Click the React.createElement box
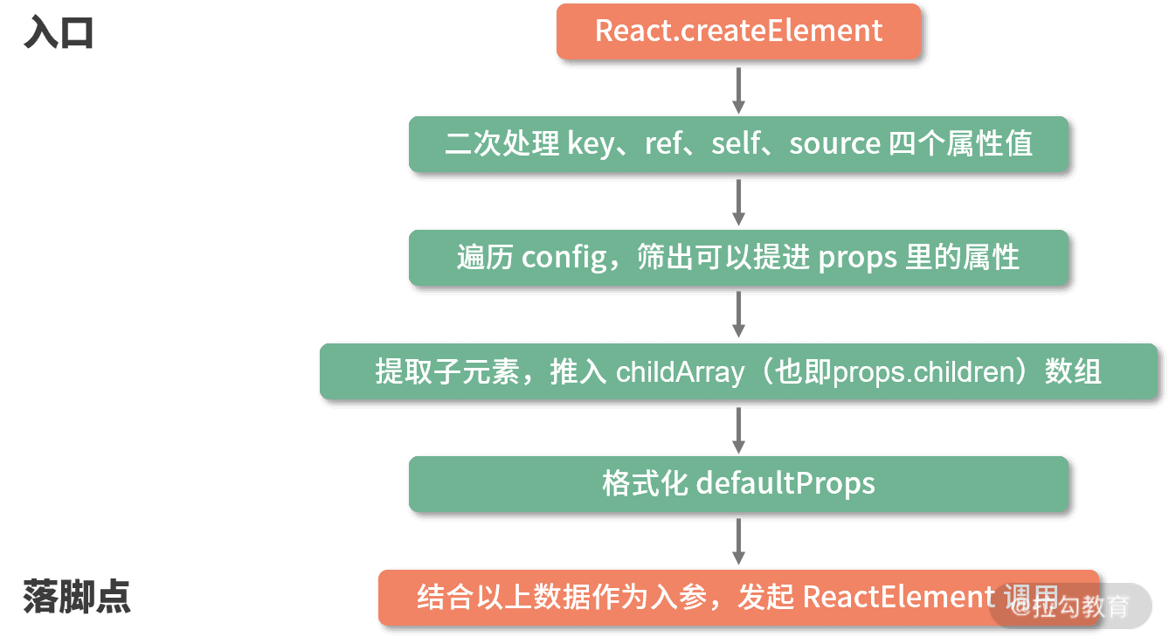tap(738, 31)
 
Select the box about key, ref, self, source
tap(738, 144)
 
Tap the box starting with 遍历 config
tap(738, 258)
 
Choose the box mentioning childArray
tap(738, 371)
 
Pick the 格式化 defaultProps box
tap(738, 483)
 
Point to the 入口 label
tap(59, 34)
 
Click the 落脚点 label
tap(77, 596)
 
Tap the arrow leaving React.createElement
tap(738, 88)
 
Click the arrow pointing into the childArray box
tap(738, 314)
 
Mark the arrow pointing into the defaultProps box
tap(738, 428)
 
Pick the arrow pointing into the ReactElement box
tap(738, 541)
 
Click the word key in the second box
tap(591, 144)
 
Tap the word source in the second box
tap(834, 144)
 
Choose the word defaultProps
tap(785, 483)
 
